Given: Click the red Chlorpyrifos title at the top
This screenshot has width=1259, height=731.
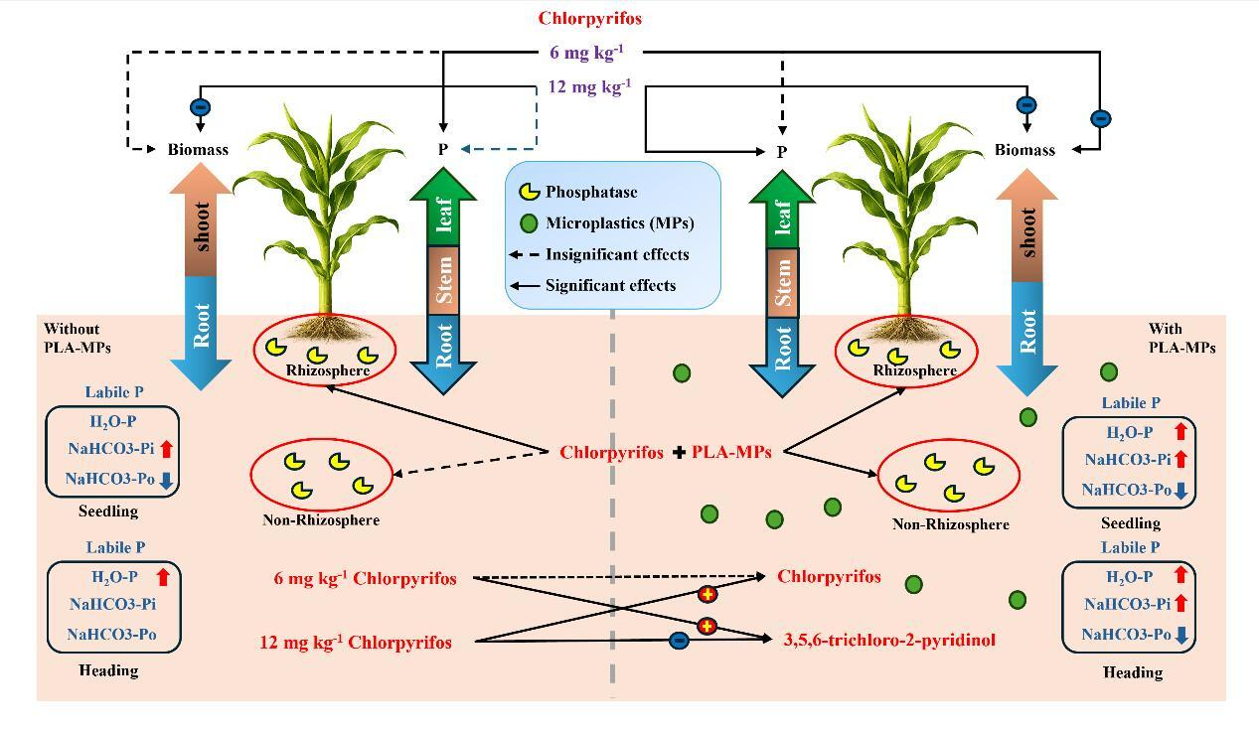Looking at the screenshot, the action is pyautogui.click(x=589, y=18).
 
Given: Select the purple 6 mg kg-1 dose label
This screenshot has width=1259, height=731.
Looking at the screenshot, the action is pyautogui.click(x=587, y=52).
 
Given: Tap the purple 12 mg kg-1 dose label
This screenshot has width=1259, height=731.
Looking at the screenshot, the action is pyautogui.click(x=589, y=86).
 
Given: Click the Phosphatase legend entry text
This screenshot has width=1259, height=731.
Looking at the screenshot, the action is pyautogui.click(x=591, y=192).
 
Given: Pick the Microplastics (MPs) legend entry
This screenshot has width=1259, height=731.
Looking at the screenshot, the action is pyautogui.click(x=620, y=223).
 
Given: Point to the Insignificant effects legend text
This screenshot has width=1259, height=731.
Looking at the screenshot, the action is pyautogui.click(x=617, y=254).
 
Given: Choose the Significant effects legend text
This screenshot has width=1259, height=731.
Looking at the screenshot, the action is pyautogui.click(x=610, y=285).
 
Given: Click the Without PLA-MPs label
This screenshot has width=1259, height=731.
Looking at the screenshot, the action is pyautogui.click(x=77, y=338).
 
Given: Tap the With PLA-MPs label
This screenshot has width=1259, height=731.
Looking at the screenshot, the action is pyautogui.click(x=1181, y=338).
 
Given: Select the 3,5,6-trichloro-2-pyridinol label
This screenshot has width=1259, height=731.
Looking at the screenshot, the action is pyautogui.click(x=889, y=640).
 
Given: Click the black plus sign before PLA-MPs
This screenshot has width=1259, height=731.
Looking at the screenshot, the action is pyautogui.click(x=679, y=452).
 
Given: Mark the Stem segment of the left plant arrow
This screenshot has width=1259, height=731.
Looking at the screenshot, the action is pyautogui.click(x=443, y=280).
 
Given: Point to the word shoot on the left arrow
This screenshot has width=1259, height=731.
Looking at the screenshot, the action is pyautogui.click(x=201, y=226).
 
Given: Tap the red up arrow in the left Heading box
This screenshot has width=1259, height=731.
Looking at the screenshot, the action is pyautogui.click(x=163, y=576).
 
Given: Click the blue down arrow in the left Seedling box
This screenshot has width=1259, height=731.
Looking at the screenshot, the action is pyautogui.click(x=165, y=481).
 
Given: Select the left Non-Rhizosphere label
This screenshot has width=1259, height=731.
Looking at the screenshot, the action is pyautogui.click(x=321, y=519).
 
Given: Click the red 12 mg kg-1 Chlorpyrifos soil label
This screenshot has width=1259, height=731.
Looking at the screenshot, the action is pyautogui.click(x=355, y=642).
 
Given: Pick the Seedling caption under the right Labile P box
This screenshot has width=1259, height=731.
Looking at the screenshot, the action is pyautogui.click(x=1130, y=523).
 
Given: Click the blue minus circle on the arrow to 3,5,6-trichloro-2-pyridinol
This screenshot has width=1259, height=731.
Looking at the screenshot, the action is pyautogui.click(x=679, y=640).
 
